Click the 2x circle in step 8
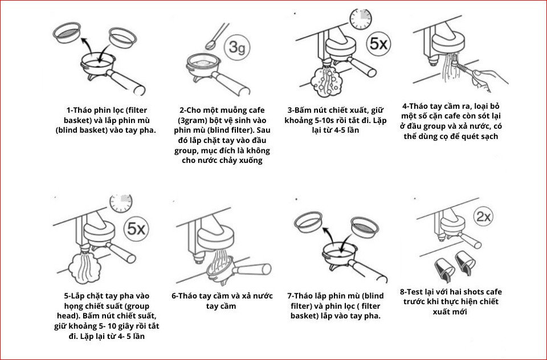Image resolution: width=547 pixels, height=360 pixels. (484, 217)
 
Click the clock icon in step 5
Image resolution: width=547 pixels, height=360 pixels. (120, 203)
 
